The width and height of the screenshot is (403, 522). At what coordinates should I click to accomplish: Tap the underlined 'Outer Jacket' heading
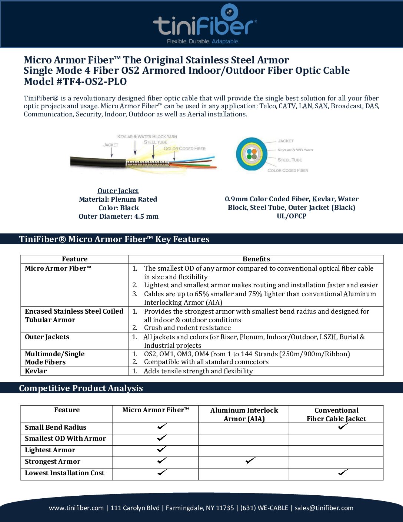(118, 191)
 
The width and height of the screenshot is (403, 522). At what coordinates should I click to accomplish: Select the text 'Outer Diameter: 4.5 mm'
(119, 217)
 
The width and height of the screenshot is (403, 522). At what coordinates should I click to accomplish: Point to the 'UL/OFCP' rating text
(292, 216)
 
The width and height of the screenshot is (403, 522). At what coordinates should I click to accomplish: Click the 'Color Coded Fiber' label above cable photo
(184, 149)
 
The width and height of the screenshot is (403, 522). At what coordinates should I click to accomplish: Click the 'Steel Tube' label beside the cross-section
(290, 160)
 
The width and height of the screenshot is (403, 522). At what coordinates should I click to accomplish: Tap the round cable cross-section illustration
(252, 154)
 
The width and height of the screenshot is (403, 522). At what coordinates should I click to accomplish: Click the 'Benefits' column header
(256, 259)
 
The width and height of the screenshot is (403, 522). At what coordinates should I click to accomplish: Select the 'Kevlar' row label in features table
(36, 371)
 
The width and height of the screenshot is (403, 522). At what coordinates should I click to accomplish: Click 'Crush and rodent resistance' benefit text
(187, 328)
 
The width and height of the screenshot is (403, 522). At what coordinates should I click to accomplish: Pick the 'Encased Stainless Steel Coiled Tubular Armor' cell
(74, 315)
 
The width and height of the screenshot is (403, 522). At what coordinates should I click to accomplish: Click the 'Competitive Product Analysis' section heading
(81, 388)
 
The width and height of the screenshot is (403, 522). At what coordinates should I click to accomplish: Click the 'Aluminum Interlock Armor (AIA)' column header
(244, 414)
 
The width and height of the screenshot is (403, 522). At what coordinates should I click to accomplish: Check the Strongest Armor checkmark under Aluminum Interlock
(250, 461)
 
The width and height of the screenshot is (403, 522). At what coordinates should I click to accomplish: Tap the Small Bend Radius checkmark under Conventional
(343, 427)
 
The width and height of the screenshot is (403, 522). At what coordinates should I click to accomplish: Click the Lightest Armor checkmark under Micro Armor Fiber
(162, 449)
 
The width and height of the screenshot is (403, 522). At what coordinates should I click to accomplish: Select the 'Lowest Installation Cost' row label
(64, 473)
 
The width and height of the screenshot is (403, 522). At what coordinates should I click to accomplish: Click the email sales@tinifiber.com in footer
(324, 508)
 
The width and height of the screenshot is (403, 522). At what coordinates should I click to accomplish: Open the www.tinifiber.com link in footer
(76, 508)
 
